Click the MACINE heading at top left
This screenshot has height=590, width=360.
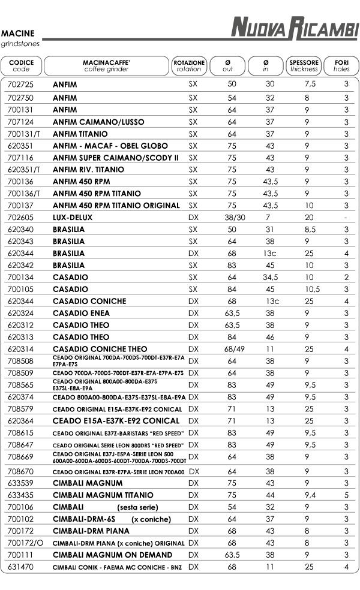18,34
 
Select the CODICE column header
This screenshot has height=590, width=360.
21,65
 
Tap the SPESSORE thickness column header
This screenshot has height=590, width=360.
304,65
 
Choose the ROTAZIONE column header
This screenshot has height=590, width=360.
189,65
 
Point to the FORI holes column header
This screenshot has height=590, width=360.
342,65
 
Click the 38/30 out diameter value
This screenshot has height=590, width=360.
231,217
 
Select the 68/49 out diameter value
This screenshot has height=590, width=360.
231,349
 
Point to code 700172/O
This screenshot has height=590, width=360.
26,543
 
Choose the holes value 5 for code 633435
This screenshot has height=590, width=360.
346,495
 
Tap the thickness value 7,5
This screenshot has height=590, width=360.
310,85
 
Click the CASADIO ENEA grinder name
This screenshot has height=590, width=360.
81,313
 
